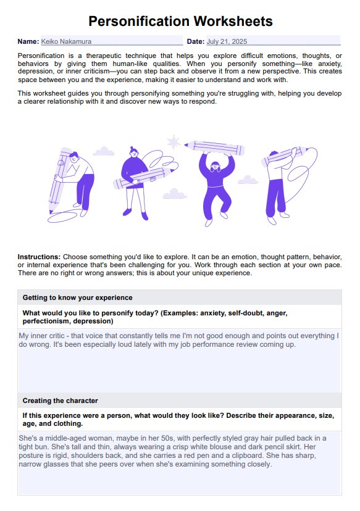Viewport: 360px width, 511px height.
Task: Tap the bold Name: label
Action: (x=28, y=41)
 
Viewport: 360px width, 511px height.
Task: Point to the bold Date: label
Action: (x=195, y=41)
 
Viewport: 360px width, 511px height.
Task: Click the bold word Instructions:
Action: (x=39, y=256)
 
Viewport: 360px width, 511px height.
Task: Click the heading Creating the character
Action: (x=60, y=401)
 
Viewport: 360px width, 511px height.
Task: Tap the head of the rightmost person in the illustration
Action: (x=274, y=155)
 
